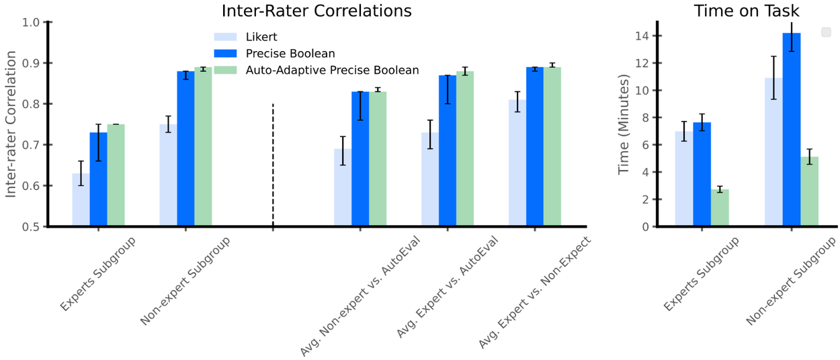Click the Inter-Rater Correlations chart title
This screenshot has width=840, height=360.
pos(317,11)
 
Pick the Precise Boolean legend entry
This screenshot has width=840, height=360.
pos(290,53)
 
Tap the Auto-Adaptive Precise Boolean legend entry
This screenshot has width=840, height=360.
pos(332,70)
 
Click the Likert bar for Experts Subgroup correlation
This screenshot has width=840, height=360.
pos(81,200)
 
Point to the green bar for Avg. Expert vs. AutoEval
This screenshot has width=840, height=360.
pos(465,149)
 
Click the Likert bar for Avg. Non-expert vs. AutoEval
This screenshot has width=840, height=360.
pos(343,188)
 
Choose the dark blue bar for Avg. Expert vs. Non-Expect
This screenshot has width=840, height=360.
pos(535,147)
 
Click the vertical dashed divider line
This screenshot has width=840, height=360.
pos(273,165)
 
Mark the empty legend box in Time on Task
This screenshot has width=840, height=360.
pos(826,32)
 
